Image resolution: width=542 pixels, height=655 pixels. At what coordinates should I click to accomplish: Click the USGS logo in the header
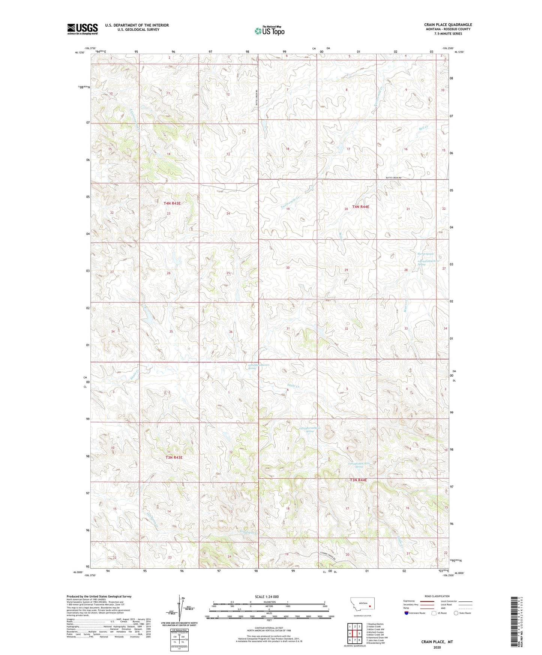83,29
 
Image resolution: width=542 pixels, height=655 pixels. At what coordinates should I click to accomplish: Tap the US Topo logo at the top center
269,31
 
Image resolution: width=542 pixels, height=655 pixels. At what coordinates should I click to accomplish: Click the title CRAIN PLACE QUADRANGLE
448,25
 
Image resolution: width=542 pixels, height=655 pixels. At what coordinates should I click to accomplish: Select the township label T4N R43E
172,203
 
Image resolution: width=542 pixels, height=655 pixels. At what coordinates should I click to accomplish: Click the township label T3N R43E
174,457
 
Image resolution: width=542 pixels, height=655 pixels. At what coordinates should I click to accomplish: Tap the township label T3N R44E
358,480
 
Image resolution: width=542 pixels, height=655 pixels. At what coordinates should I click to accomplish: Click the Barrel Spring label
425,254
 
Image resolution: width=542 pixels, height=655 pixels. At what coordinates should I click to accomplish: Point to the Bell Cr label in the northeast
424,128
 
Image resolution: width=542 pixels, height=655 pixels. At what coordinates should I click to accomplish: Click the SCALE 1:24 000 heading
267,596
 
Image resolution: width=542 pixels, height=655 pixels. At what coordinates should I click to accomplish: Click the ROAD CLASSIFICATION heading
437,596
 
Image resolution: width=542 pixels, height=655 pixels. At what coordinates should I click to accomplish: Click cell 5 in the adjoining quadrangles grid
359,634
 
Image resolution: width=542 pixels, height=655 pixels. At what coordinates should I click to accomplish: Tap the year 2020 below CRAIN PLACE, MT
437,647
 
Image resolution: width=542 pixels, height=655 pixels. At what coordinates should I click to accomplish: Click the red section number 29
346,270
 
